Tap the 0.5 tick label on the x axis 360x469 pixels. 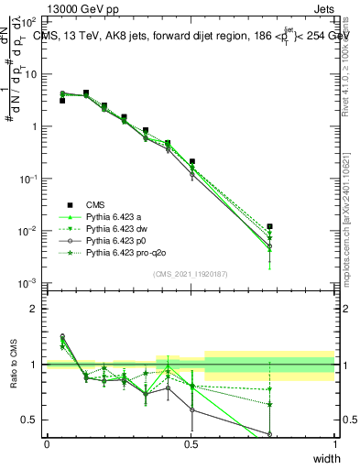click(x=191, y=444)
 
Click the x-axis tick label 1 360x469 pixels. click(x=334, y=444)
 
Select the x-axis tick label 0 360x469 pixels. click(x=47, y=444)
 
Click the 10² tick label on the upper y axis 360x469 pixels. click(x=31, y=21)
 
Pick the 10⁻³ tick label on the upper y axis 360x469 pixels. click(x=31, y=283)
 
